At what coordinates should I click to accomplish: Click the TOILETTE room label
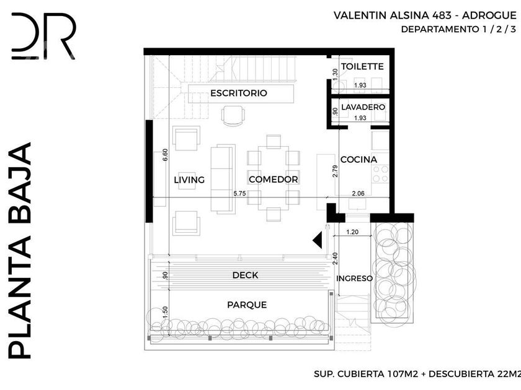[x=362, y=66]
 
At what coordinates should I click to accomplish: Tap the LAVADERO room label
[x=363, y=107]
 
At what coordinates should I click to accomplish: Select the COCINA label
[x=359, y=160]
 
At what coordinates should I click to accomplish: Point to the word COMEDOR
[x=273, y=180]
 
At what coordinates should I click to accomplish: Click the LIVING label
[x=189, y=180]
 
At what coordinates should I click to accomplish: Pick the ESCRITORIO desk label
[x=239, y=93]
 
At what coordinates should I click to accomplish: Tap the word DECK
[x=245, y=275]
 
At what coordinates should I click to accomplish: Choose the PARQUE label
[x=247, y=305]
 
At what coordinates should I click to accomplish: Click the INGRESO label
[x=355, y=278]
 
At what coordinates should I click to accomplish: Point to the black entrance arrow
[x=318, y=240]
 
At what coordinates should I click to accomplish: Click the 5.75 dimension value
[x=239, y=193]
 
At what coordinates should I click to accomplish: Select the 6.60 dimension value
[x=165, y=155]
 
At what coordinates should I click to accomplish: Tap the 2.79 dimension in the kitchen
[x=335, y=171]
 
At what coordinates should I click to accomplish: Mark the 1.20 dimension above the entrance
[x=352, y=232]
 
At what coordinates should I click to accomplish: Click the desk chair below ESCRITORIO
[x=233, y=116]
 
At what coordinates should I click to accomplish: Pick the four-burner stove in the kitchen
[x=380, y=174]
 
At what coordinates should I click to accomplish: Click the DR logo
[x=43, y=36]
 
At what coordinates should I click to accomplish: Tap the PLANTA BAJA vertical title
[x=20, y=251]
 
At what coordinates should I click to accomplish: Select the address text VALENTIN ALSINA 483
[x=393, y=15]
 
